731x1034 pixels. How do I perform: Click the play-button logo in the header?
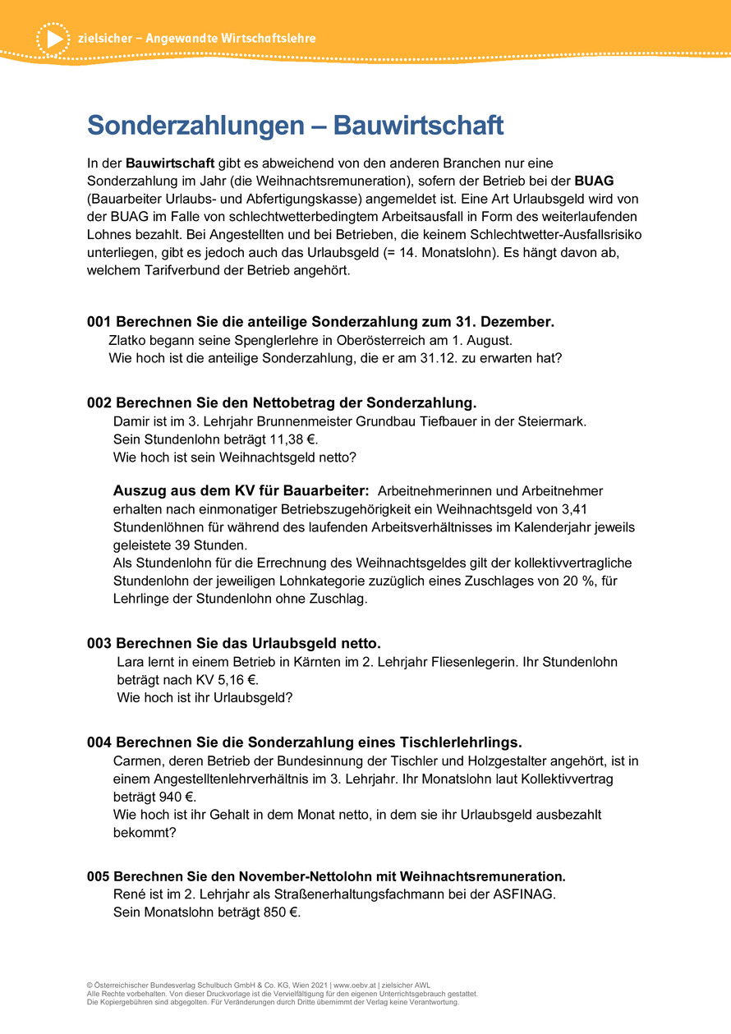tap(53, 39)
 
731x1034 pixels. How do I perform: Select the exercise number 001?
tap(99, 322)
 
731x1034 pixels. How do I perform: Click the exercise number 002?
tap(99, 402)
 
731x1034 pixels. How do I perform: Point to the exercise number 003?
tap(99, 642)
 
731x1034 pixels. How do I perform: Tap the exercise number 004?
tap(99, 742)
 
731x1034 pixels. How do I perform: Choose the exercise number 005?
tap(99, 876)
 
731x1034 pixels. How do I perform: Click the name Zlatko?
tap(127, 340)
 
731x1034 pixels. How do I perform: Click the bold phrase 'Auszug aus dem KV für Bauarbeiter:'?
tap(241, 490)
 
